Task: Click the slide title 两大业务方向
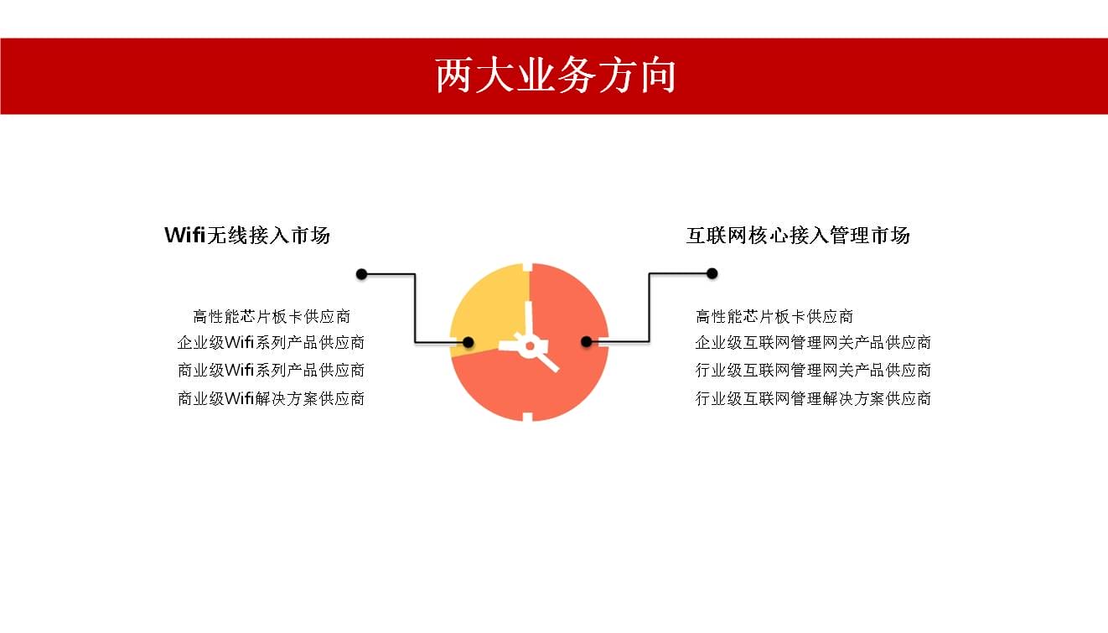[x=556, y=75]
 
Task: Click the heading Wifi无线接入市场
[x=247, y=235]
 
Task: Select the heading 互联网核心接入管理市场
[x=798, y=235]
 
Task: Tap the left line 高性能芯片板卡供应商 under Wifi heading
[x=272, y=316]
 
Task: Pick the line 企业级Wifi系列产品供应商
[x=271, y=342]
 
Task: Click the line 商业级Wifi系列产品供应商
[x=271, y=371]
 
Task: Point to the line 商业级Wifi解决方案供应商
[x=271, y=398]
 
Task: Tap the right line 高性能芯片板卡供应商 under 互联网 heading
[x=774, y=316]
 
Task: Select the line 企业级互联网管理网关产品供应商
[x=813, y=342]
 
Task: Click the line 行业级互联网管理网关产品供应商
[x=813, y=371]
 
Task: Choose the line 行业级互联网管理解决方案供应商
[x=813, y=398]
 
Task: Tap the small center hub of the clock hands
[x=530, y=346]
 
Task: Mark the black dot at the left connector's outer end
[x=361, y=274]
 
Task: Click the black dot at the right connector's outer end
[x=712, y=273]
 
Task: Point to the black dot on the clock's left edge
[x=468, y=342]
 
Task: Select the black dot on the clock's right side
[x=587, y=341]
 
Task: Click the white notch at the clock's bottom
[x=528, y=417]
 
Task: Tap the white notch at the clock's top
[x=528, y=267]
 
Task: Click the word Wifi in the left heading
[x=185, y=235]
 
